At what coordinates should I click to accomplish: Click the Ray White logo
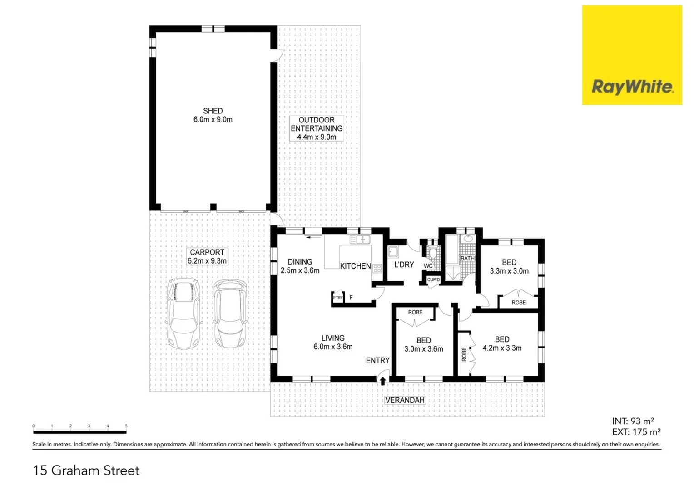pos(632,86)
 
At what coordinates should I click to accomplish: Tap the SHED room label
pos(213,111)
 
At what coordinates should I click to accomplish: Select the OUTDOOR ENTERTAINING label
pos(317,124)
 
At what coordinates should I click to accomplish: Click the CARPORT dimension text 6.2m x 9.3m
pos(207,261)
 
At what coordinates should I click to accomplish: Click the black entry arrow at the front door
pos(383,381)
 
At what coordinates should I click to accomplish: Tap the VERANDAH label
pos(405,400)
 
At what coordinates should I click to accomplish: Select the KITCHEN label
pos(355,266)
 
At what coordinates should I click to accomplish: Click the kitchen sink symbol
pos(360,240)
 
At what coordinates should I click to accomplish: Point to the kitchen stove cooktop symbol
pos(377,268)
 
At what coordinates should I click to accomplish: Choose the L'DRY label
pos(404,265)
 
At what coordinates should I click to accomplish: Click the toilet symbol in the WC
pos(432,252)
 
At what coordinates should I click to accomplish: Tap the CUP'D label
pos(433,279)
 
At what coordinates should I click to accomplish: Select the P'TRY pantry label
pos(338,298)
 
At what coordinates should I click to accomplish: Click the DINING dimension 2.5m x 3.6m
pos(300,270)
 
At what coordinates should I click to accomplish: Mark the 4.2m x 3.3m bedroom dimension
pos(502,348)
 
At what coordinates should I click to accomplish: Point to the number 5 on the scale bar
pos(126,426)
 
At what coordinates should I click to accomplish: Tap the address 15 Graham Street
pos(86,470)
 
